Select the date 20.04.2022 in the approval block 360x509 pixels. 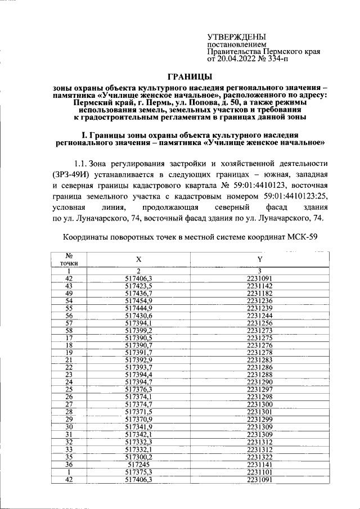click(x=236, y=58)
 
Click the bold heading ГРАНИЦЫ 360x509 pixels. click(x=191, y=76)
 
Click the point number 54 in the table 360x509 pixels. click(x=69, y=301)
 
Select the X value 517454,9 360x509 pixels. click(x=138, y=301)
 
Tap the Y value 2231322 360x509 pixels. click(x=259, y=457)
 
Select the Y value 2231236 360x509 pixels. click(x=259, y=301)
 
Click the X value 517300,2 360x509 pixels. click(x=138, y=457)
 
